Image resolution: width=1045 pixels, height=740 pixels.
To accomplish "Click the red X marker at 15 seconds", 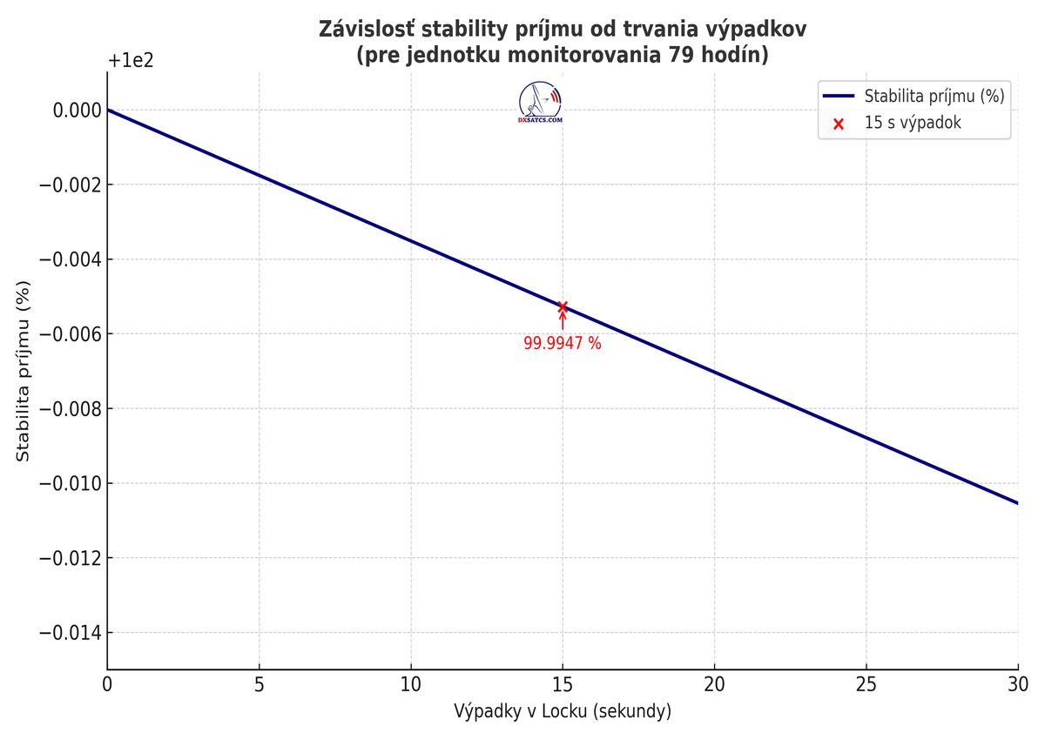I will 563,306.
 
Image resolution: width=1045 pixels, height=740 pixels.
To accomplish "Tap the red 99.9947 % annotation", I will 562,343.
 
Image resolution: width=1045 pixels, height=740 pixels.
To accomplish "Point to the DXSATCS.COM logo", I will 540,102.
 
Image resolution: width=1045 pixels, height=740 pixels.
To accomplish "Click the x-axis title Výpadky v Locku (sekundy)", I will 563,711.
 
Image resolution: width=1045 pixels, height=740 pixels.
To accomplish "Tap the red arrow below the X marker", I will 563,320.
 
